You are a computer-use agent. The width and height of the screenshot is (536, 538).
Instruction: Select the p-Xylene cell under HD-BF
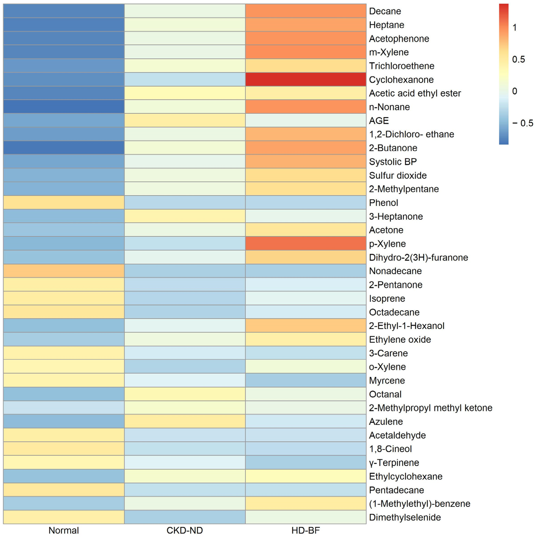305,244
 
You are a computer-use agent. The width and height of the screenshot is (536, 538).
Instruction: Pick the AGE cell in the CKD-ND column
185,121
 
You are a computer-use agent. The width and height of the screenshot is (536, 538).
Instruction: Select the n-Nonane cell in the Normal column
64,107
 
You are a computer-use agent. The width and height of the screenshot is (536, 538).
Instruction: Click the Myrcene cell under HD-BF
305,380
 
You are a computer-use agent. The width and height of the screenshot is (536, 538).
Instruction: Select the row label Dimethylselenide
405,517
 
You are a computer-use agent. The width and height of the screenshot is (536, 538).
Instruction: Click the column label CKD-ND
185,530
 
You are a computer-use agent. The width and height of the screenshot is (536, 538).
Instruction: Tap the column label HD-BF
305,530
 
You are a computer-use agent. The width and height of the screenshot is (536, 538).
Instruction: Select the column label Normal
64,530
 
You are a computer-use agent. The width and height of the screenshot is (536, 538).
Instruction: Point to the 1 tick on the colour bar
514,28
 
